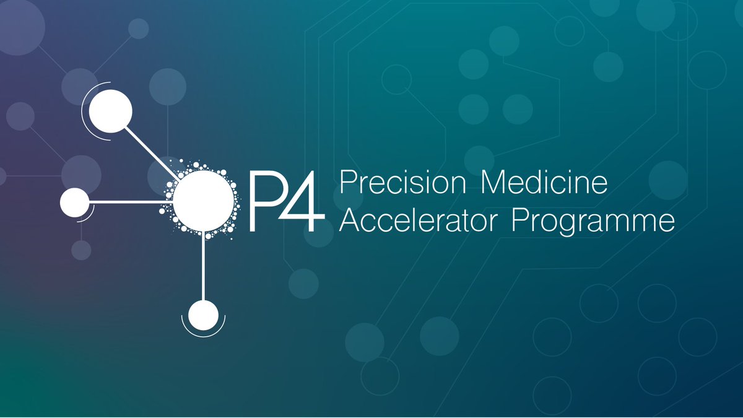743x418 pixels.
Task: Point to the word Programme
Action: coord(593,222)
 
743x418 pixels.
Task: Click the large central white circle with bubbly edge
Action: coord(203,201)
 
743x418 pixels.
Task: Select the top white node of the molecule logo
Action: coord(110,111)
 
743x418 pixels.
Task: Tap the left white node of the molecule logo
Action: coord(75,202)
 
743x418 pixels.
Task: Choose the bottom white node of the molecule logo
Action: coord(203,315)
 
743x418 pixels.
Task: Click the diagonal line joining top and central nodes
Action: coord(152,154)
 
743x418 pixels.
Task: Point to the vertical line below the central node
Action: coord(203,266)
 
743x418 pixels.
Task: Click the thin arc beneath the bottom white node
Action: coord(203,337)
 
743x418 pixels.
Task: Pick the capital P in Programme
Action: coord(519,220)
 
